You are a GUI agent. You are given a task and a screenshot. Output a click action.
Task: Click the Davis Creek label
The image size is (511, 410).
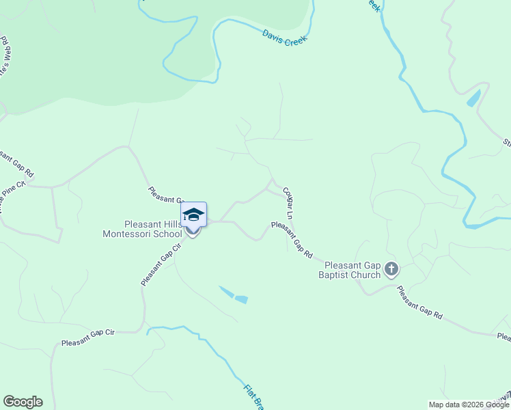point(285,36)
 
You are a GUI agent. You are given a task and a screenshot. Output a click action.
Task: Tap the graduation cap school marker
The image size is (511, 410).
point(194,215)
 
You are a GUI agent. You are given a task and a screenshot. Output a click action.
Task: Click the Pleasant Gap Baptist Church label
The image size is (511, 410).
point(352,270)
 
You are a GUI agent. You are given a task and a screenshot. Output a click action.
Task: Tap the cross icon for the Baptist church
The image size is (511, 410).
point(391,269)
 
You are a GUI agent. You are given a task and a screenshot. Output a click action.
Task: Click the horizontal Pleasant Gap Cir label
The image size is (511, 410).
point(87,338)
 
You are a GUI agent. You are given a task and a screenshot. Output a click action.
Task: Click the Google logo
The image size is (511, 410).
point(23,402)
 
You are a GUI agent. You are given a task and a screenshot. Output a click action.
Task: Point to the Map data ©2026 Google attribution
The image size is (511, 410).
point(468,405)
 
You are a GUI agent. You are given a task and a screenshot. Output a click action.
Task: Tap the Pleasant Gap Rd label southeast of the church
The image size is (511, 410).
point(419,303)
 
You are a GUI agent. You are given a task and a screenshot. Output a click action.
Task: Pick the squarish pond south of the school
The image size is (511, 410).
point(240,299)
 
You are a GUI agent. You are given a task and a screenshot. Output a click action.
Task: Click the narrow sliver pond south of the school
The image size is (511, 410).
point(225,292)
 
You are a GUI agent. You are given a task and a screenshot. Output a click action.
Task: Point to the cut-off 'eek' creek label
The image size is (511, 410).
point(373,5)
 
